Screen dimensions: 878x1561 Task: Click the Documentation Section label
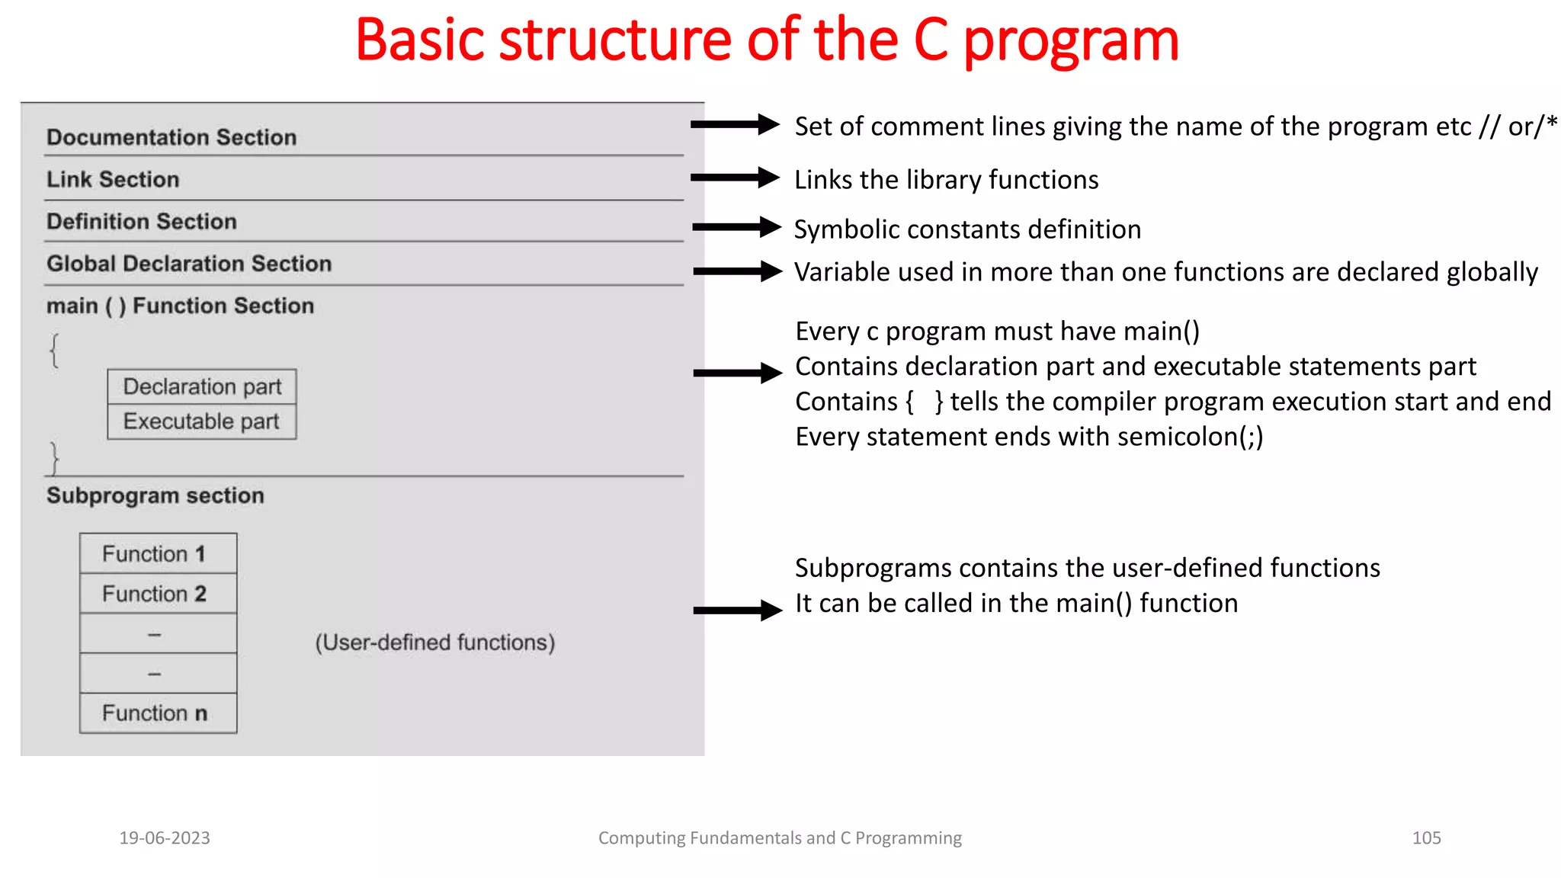pyautogui.click(x=171, y=137)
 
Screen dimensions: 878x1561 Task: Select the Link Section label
pyautogui.click(x=113, y=179)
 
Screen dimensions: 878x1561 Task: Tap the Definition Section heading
pyautogui.click(x=142, y=221)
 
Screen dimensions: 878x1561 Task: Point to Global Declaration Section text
pyautogui.click(x=189, y=264)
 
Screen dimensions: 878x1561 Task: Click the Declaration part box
pyautogui.click(x=202, y=386)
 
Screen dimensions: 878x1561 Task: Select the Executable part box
pyautogui.click(x=202, y=421)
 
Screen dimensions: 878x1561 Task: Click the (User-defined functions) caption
pyautogui.click(x=435, y=642)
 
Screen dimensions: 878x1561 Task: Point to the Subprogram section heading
pyautogui.click(x=155, y=495)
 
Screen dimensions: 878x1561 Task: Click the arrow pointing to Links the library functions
pyautogui.click(x=736, y=178)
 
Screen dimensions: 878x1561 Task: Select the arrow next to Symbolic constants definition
pyautogui.click(x=736, y=227)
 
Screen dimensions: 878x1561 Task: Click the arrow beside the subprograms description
pyautogui.click(x=737, y=610)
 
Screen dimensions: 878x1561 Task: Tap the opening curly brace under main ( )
pyautogui.click(x=55, y=350)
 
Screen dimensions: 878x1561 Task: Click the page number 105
pyautogui.click(x=1426, y=838)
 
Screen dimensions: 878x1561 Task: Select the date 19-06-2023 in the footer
pyautogui.click(x=165, y=838)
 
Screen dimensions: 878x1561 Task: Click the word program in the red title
pyautogui.click(x=1071, y=42)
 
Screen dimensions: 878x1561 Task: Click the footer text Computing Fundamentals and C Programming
pyautogui.click(x=780, y=838)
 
